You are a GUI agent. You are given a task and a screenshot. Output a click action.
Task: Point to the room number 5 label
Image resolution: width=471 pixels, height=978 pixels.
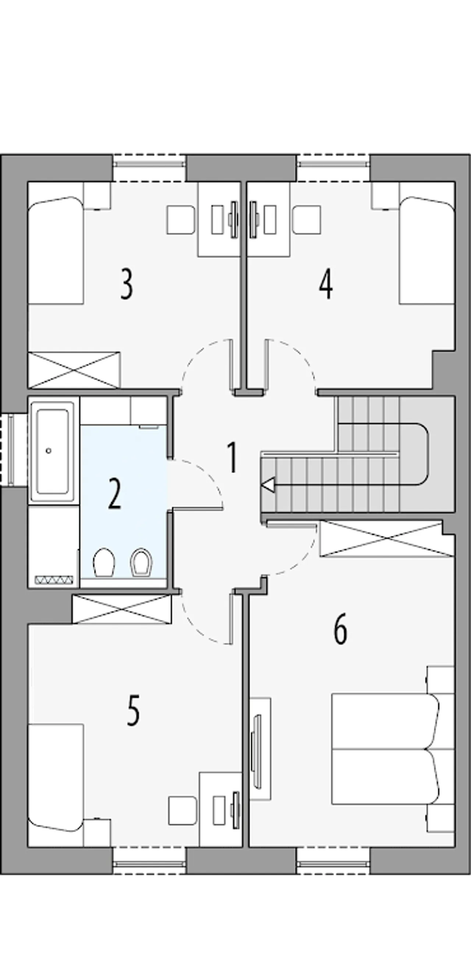coord(133,710)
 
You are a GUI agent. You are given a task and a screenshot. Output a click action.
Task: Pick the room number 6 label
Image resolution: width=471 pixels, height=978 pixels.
coord(340,629)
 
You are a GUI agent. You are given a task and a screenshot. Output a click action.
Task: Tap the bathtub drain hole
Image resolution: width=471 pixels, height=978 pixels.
coord(48,451)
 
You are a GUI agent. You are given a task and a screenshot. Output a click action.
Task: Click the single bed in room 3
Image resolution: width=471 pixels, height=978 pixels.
coord(56,250)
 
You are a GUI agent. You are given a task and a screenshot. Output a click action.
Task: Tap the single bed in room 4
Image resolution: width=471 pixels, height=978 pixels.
coord(427,250)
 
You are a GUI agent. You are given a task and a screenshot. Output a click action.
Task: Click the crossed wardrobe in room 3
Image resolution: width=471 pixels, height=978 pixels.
coord(74,370)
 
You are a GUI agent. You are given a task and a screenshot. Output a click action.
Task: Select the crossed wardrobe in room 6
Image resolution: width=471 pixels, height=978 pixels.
coord(387,539)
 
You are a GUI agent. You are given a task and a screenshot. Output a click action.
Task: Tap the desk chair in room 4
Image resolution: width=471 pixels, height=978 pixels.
coord(307,220)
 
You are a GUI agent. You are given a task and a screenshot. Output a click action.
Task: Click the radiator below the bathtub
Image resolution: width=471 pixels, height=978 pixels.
coord(54,580)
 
